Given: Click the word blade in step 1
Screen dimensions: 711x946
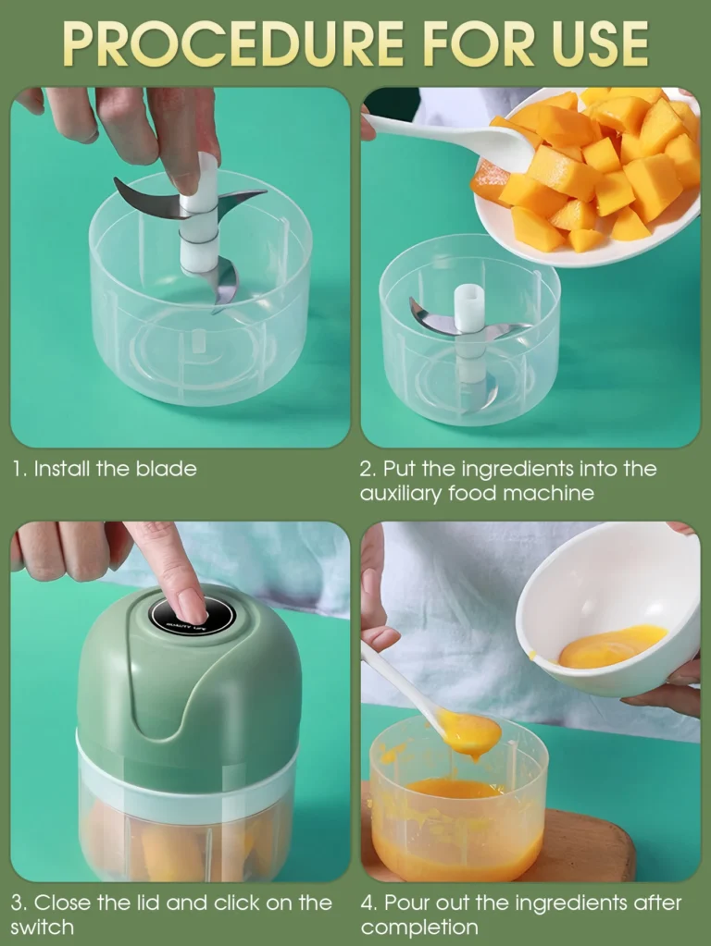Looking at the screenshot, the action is coord(166,469).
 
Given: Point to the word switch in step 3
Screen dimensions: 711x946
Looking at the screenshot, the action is coord(43,927).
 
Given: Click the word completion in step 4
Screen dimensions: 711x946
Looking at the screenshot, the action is coord(419,928).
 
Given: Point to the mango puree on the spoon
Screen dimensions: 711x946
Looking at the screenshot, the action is coord(470,731).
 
